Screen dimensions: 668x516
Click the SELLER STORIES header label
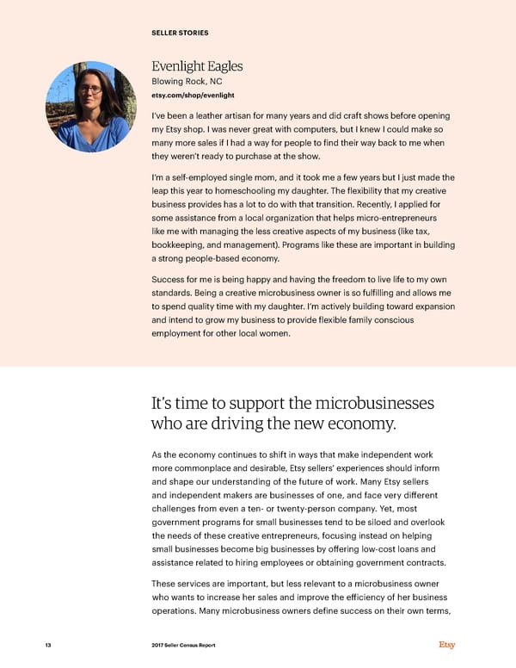[180, 34]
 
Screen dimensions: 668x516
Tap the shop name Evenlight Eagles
[197, 66]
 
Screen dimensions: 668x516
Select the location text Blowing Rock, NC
[187, 82]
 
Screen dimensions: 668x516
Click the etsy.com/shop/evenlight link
[193, 95]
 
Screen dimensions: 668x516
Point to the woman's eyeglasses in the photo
[89, 90]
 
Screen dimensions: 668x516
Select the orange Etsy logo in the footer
[447, 645]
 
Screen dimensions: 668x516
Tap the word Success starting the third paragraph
[169, 280]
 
